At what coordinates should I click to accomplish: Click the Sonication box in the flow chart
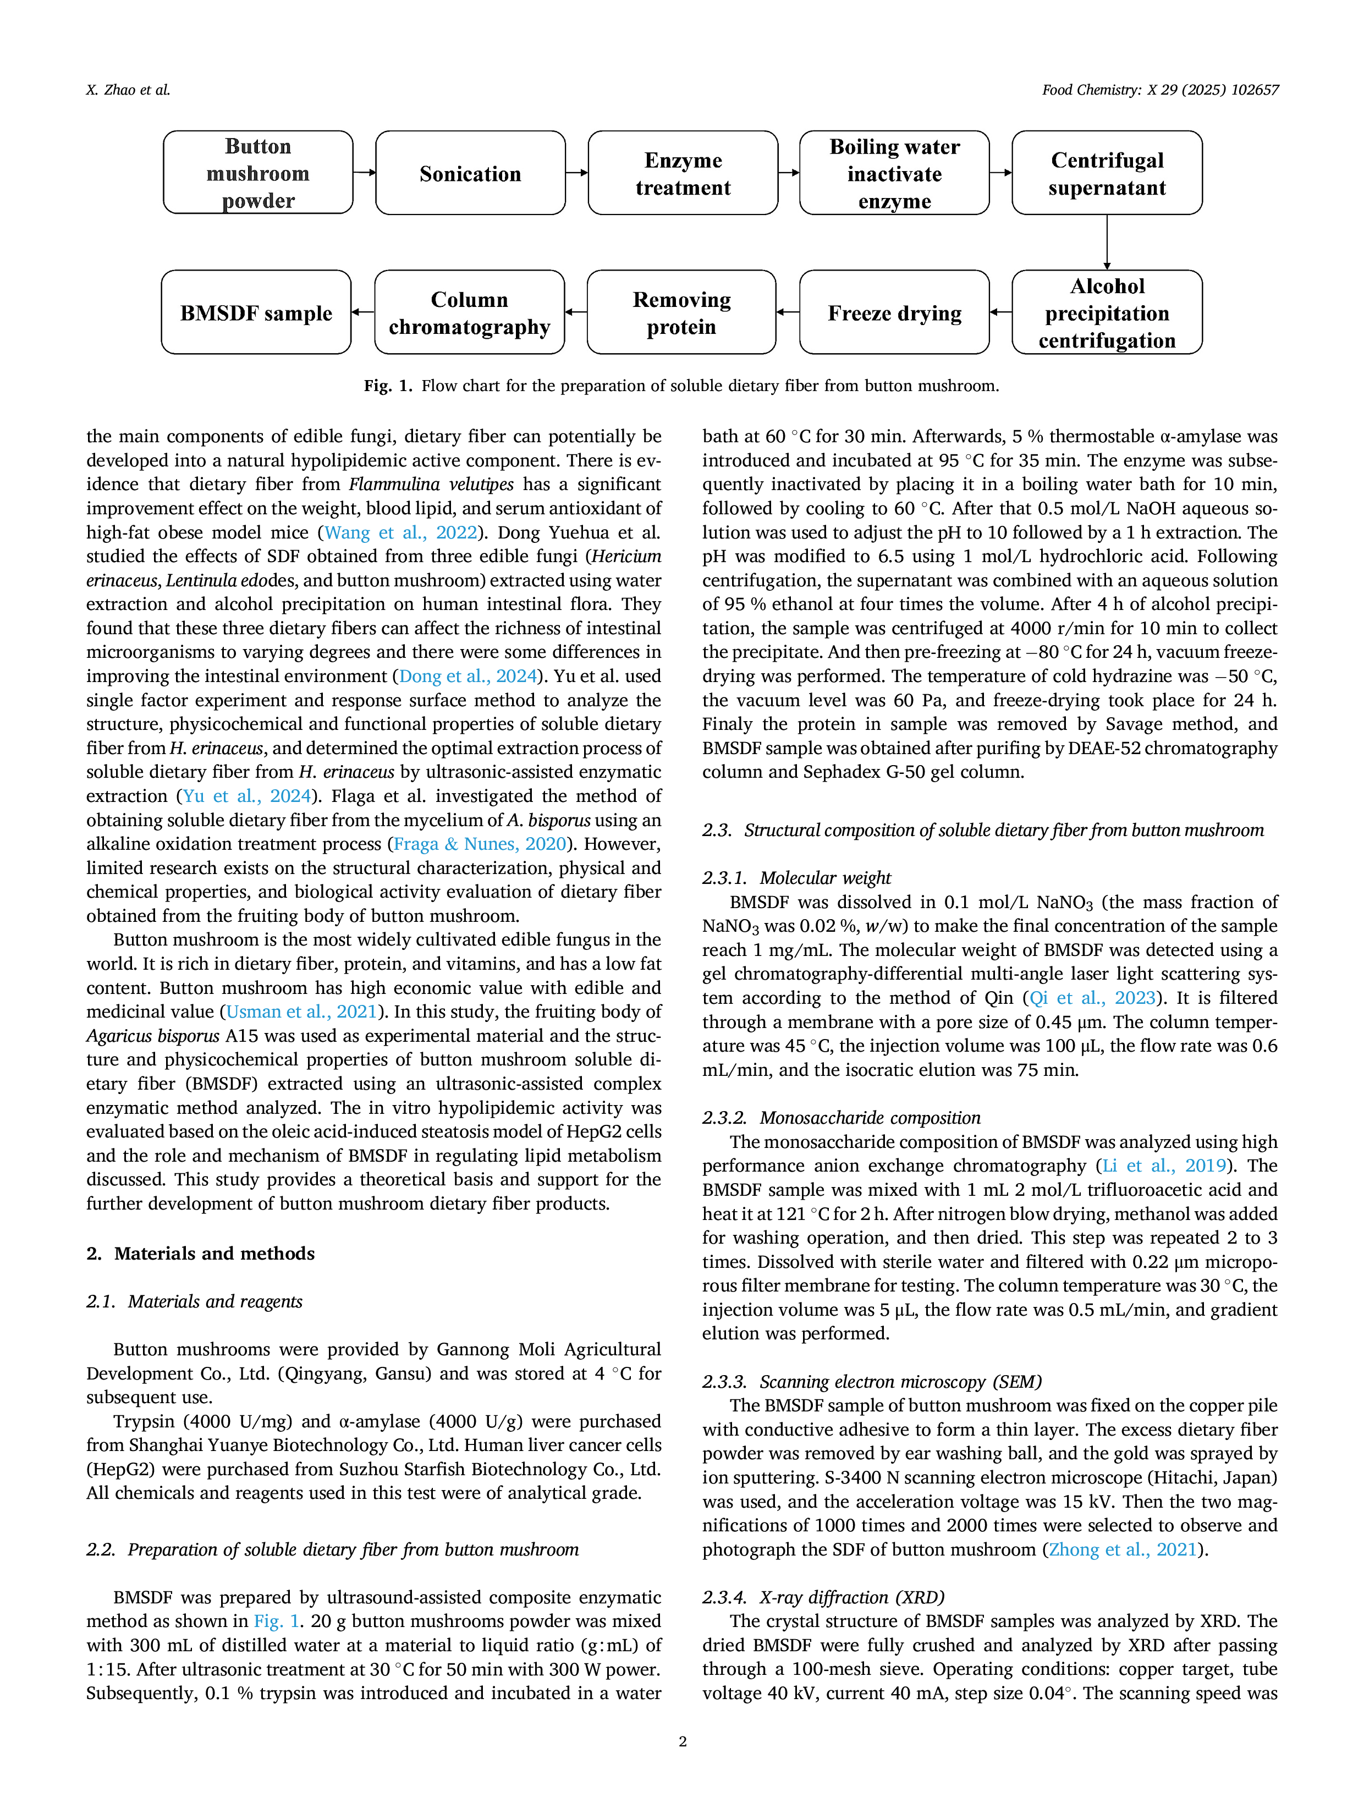click(470, 173)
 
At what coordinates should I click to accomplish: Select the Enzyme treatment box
click(683, 173)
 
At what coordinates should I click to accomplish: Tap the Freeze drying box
click(894, 312)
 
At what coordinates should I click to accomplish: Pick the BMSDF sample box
click(256, 312)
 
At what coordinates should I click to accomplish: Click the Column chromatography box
click(470, 312)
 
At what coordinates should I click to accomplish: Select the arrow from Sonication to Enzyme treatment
click(577, 173)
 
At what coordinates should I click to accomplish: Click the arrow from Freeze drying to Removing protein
click(788, 312)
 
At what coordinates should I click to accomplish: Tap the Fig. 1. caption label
click(388, 386)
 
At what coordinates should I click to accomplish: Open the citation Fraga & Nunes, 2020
click(480, 844)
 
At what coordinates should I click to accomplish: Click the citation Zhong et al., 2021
click(1123, 1550)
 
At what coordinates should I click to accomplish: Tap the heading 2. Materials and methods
click(201, 1253)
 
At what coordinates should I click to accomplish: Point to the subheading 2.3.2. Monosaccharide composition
click(841, 1118)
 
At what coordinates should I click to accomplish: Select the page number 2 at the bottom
click(683, 1741)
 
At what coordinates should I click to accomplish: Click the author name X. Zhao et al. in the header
click(128, 90)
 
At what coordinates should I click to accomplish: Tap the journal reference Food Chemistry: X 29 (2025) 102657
click(1160, 90)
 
